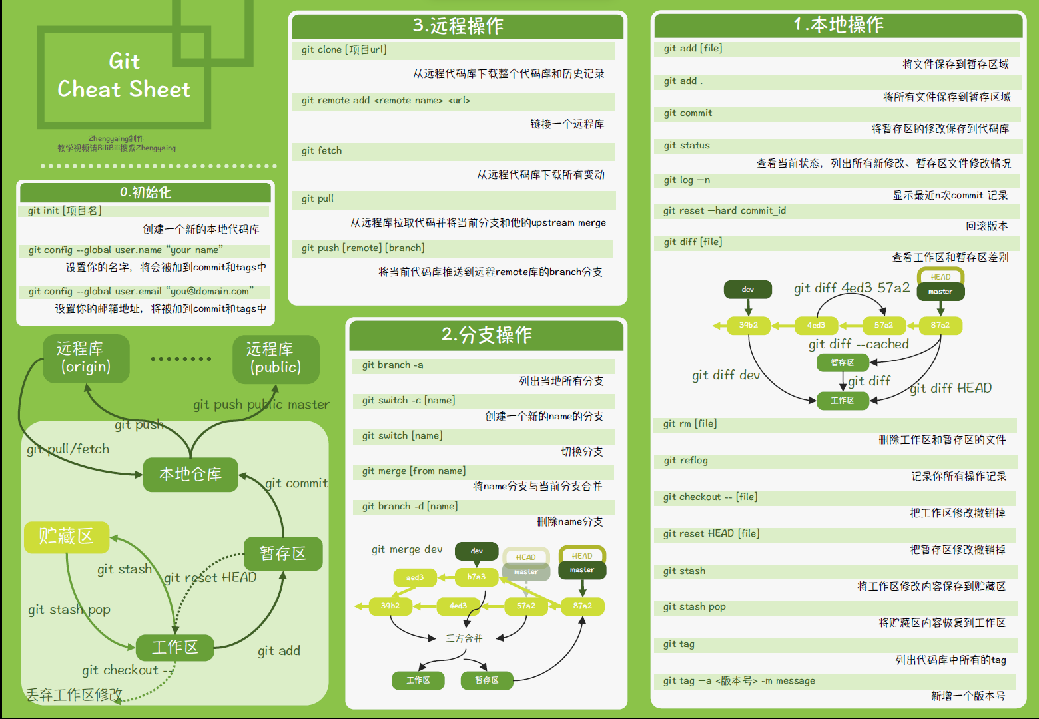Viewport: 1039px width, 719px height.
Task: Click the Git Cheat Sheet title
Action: [124, 75]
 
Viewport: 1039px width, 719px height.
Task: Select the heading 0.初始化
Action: [145, 192]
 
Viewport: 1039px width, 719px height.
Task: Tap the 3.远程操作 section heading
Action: [458, 26]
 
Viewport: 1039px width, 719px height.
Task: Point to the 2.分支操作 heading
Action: [486, 334]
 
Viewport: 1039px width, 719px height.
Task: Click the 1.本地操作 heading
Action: [838, 25]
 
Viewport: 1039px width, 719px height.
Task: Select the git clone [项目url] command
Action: [344, 49]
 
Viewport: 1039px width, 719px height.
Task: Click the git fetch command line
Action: [322, 150]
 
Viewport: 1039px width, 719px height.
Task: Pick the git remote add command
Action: [386, 100]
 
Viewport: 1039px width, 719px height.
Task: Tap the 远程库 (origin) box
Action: [86, 358]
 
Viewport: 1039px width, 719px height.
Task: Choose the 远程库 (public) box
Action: [276, 359]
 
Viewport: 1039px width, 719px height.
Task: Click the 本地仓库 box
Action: [190, 474]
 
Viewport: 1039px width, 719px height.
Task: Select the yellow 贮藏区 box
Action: [67, 537]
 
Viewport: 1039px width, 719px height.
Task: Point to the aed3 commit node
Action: [414, 577]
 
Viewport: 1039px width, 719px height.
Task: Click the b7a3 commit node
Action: [476, 577]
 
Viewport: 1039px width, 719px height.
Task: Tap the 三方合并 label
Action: [464, 638]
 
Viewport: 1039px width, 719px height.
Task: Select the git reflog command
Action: [685, 460]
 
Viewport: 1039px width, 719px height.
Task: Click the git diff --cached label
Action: [859, 344]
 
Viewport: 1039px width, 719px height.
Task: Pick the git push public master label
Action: [261, 404]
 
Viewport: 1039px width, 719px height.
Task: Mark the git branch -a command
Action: [392, 365]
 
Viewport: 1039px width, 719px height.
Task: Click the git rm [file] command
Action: [690, 423]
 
